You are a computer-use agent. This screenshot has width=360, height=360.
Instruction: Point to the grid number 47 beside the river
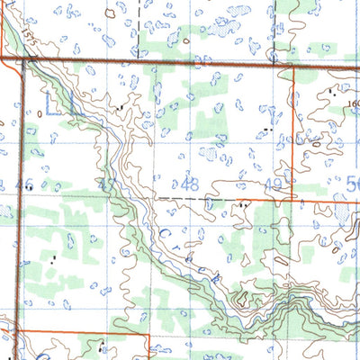(109, 185)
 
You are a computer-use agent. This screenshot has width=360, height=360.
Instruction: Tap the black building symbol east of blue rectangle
(121, 107)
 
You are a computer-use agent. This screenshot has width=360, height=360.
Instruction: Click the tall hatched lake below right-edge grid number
(342, 214)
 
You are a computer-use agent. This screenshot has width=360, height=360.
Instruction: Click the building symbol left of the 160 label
(332, 93)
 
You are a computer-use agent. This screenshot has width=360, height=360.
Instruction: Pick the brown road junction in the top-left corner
(22, 60)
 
